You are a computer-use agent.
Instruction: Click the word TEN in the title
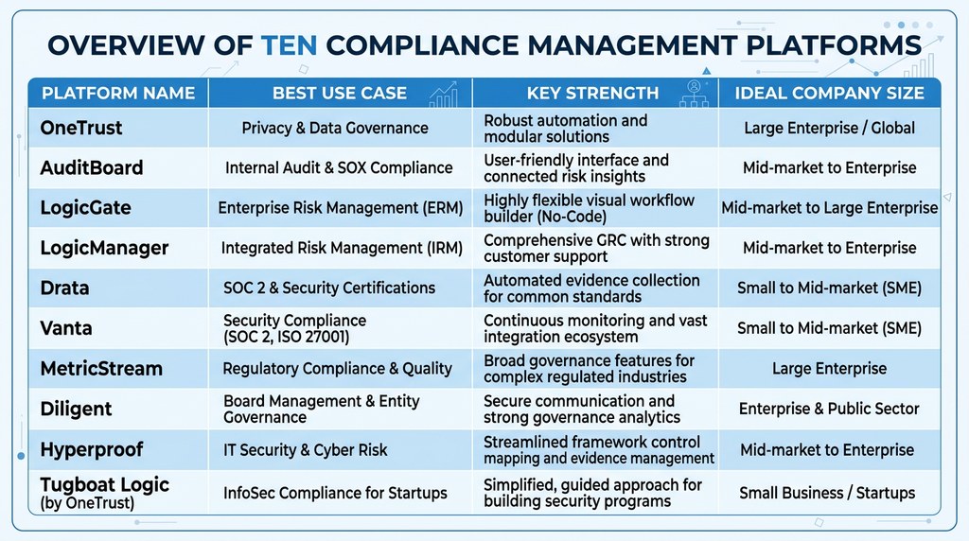coord(289,45)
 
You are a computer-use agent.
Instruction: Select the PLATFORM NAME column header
coord(118,94)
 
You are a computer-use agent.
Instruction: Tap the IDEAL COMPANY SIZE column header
coord(829,94)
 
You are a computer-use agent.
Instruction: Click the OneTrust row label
coord(81,128)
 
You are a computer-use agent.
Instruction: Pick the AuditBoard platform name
coord(92,168)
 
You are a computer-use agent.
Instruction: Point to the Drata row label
coord(64,288)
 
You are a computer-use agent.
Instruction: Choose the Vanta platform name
coord(66,328)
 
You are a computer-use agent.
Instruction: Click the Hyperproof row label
coord(92,449)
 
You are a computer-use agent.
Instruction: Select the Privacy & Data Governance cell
coord(335,128)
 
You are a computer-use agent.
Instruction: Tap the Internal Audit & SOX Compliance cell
coord(339,168)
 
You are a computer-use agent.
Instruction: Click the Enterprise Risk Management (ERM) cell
coord(341,208)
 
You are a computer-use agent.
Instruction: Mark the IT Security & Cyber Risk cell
coord(306,450)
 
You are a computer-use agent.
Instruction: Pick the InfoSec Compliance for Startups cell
coord(335,493)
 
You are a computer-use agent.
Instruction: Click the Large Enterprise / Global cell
coord(829,128)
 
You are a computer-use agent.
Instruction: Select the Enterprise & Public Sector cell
coord(829,409)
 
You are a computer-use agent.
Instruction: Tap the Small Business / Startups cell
coord(827,493)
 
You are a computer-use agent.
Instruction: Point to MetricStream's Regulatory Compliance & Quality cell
coord(338,369)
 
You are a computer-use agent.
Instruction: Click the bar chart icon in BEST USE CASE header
coord(444,95)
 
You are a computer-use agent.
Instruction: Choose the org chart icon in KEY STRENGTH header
coord(694,94)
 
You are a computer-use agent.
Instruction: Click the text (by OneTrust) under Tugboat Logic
coord(87,503)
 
